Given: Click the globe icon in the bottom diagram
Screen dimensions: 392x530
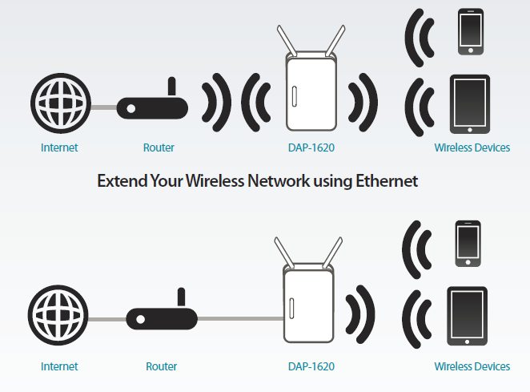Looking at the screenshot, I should point(59,317).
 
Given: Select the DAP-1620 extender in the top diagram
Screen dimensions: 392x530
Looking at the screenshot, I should point(310,95).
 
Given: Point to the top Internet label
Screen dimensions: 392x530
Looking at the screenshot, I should point(59,148).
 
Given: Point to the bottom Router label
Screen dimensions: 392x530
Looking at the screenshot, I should point(161,366).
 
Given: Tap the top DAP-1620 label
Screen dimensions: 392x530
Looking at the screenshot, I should point(311,148).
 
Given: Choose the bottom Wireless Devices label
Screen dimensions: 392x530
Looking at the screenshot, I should point(472,366).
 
